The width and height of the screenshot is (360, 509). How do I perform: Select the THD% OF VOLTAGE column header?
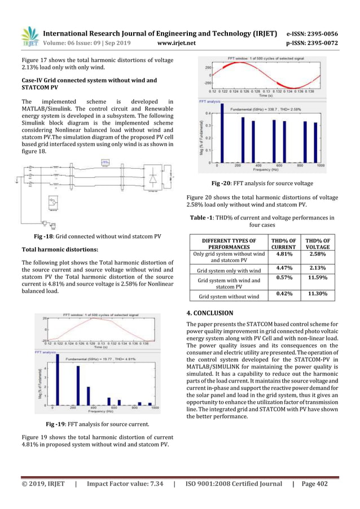[319, 244]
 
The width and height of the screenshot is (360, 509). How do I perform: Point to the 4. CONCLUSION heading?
[209, 313]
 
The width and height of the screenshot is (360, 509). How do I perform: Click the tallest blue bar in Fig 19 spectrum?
[56, 378]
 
